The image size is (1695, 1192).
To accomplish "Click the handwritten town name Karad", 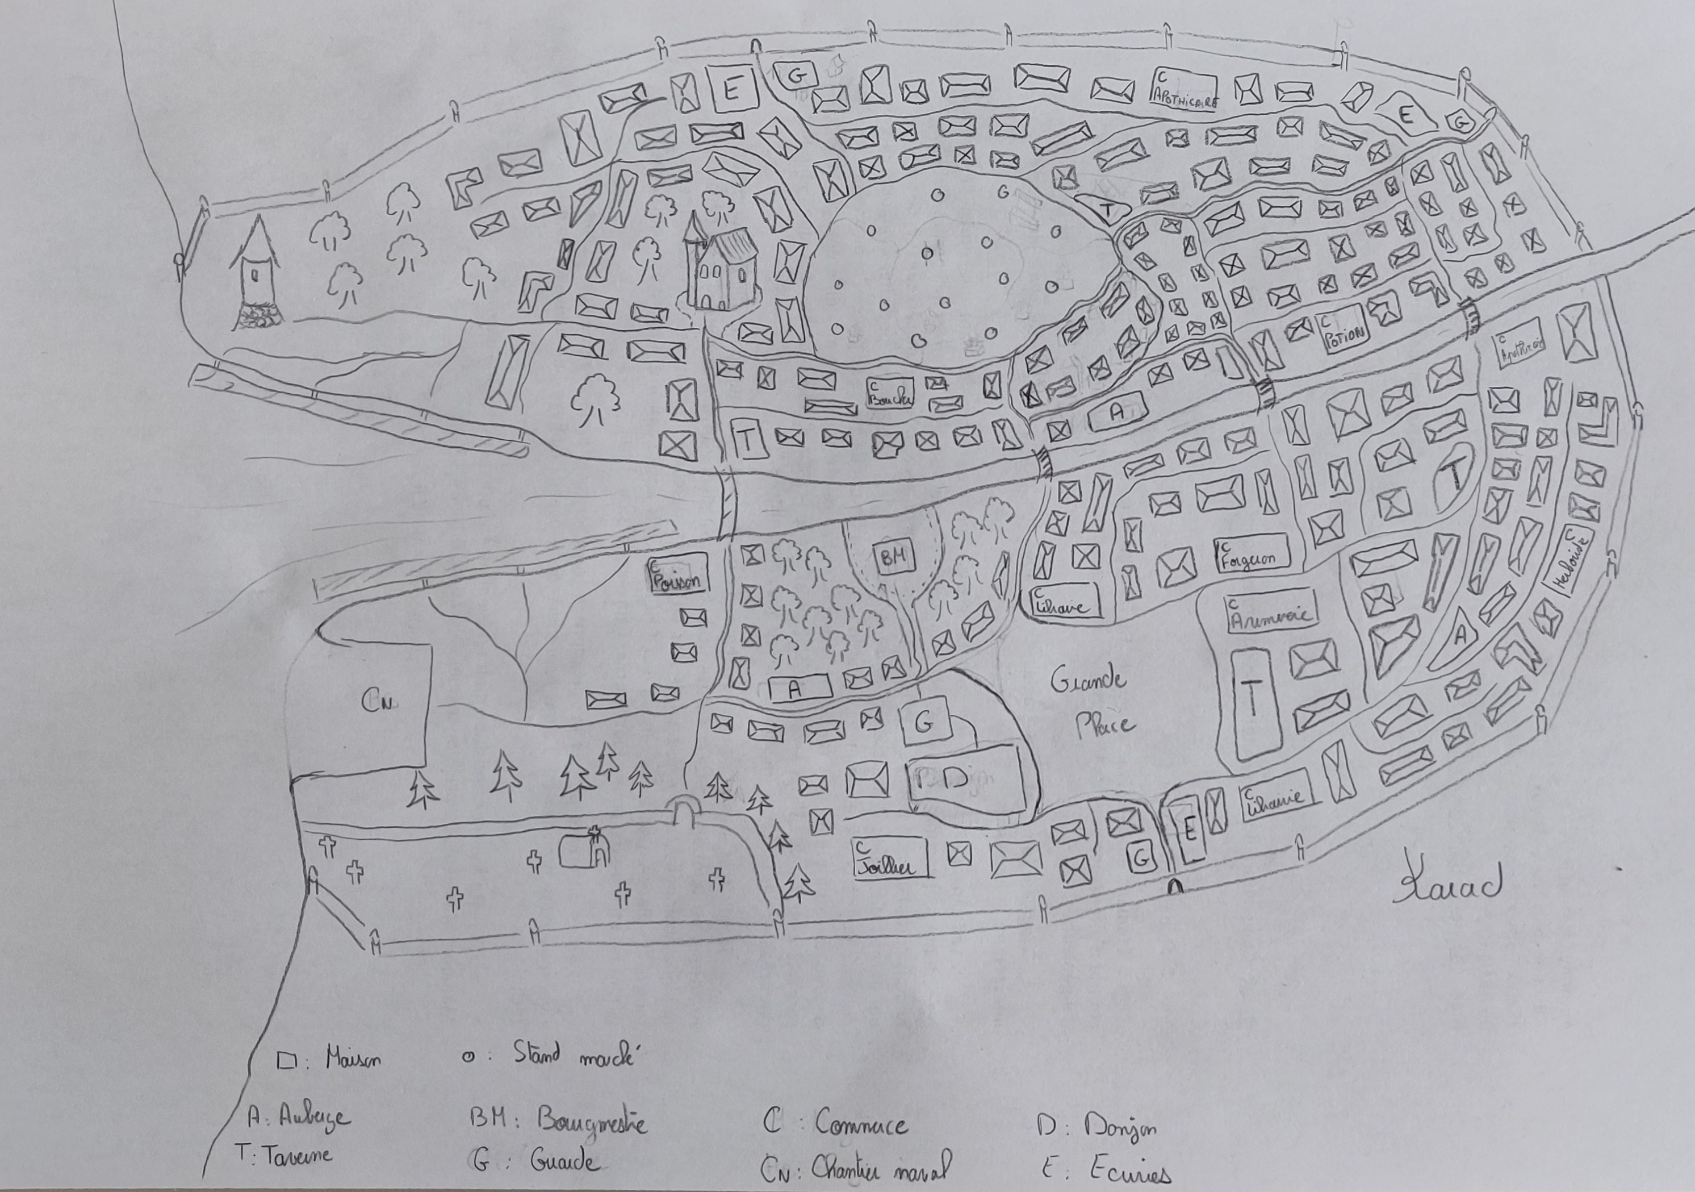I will [1447, 884].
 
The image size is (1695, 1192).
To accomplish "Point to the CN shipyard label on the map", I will [376, 702].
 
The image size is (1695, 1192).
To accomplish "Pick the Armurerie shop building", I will [1271, 611].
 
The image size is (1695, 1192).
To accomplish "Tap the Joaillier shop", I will [890, 858].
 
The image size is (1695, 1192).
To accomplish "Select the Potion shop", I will [1342, 333].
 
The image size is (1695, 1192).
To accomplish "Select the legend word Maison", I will [353, 1060].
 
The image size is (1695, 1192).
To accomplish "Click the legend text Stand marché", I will [574, 1055].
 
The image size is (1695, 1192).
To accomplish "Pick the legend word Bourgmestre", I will [591, 1120].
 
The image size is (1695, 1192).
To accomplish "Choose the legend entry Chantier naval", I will [878, 1168].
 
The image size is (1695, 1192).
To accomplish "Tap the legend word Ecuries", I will [1129, 1172].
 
